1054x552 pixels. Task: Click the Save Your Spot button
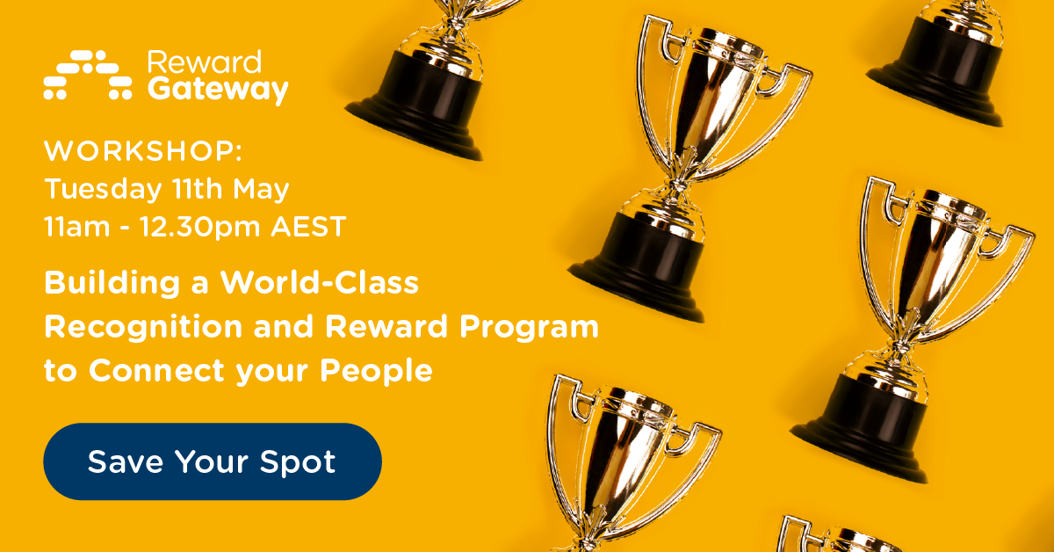pos(212,461)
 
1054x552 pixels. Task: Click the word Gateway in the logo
pos(218,90)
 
